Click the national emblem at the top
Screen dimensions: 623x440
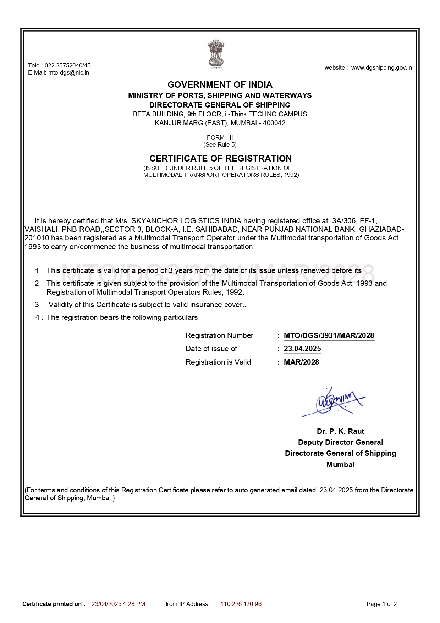click(216, 54)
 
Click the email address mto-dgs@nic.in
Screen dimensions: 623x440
click(68, 73)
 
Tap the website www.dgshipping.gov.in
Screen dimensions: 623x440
click(381, 68)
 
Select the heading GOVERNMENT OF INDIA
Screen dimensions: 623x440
click(220, 85)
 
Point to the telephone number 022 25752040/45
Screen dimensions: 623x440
click(67, 65)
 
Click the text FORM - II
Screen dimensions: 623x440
click(220, 137)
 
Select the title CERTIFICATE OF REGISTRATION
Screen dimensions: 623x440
click(220, 158)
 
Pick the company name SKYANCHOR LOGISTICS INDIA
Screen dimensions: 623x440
click(186, 221)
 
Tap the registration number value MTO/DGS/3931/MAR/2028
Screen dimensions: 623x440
click(329, 335)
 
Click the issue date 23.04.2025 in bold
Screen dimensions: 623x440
click(302, 349)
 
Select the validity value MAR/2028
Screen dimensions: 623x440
click(301, 362)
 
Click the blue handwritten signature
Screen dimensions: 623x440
click(334, 402)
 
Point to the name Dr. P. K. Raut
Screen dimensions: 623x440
click(340, 431)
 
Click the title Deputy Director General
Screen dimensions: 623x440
click(340, 442)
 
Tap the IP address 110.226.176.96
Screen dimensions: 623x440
click(241, 604)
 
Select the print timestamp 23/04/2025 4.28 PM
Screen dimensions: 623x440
click(118, 604)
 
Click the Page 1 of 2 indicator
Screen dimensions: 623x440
click(381, 604)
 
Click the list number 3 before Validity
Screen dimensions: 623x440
click(37, 305)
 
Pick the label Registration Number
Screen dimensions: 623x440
click(219, 335)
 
